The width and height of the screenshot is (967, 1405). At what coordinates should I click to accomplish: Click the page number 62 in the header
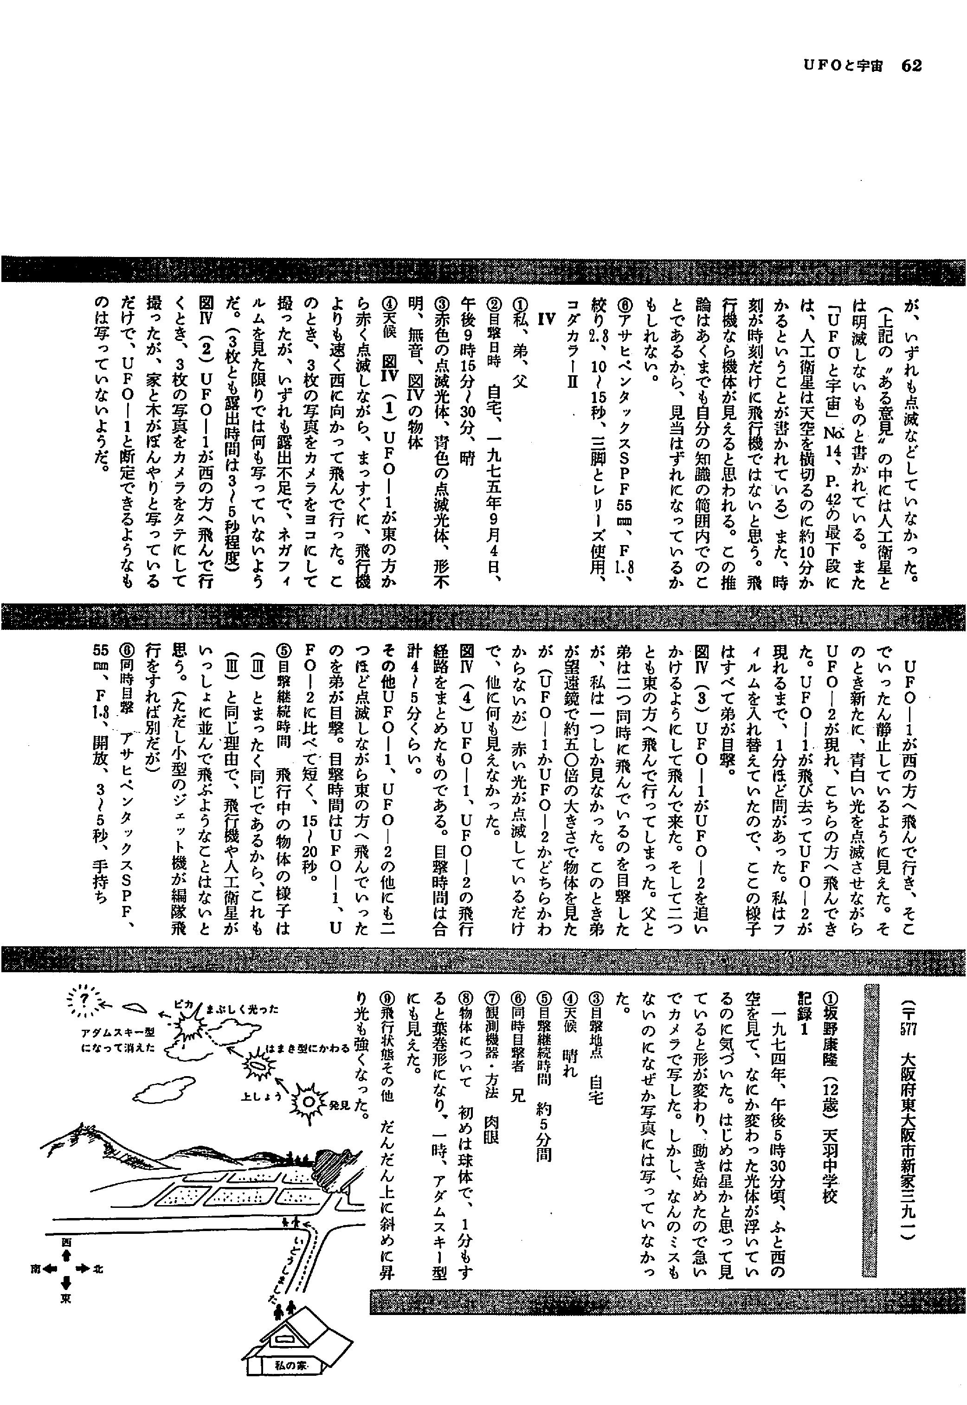911,65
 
